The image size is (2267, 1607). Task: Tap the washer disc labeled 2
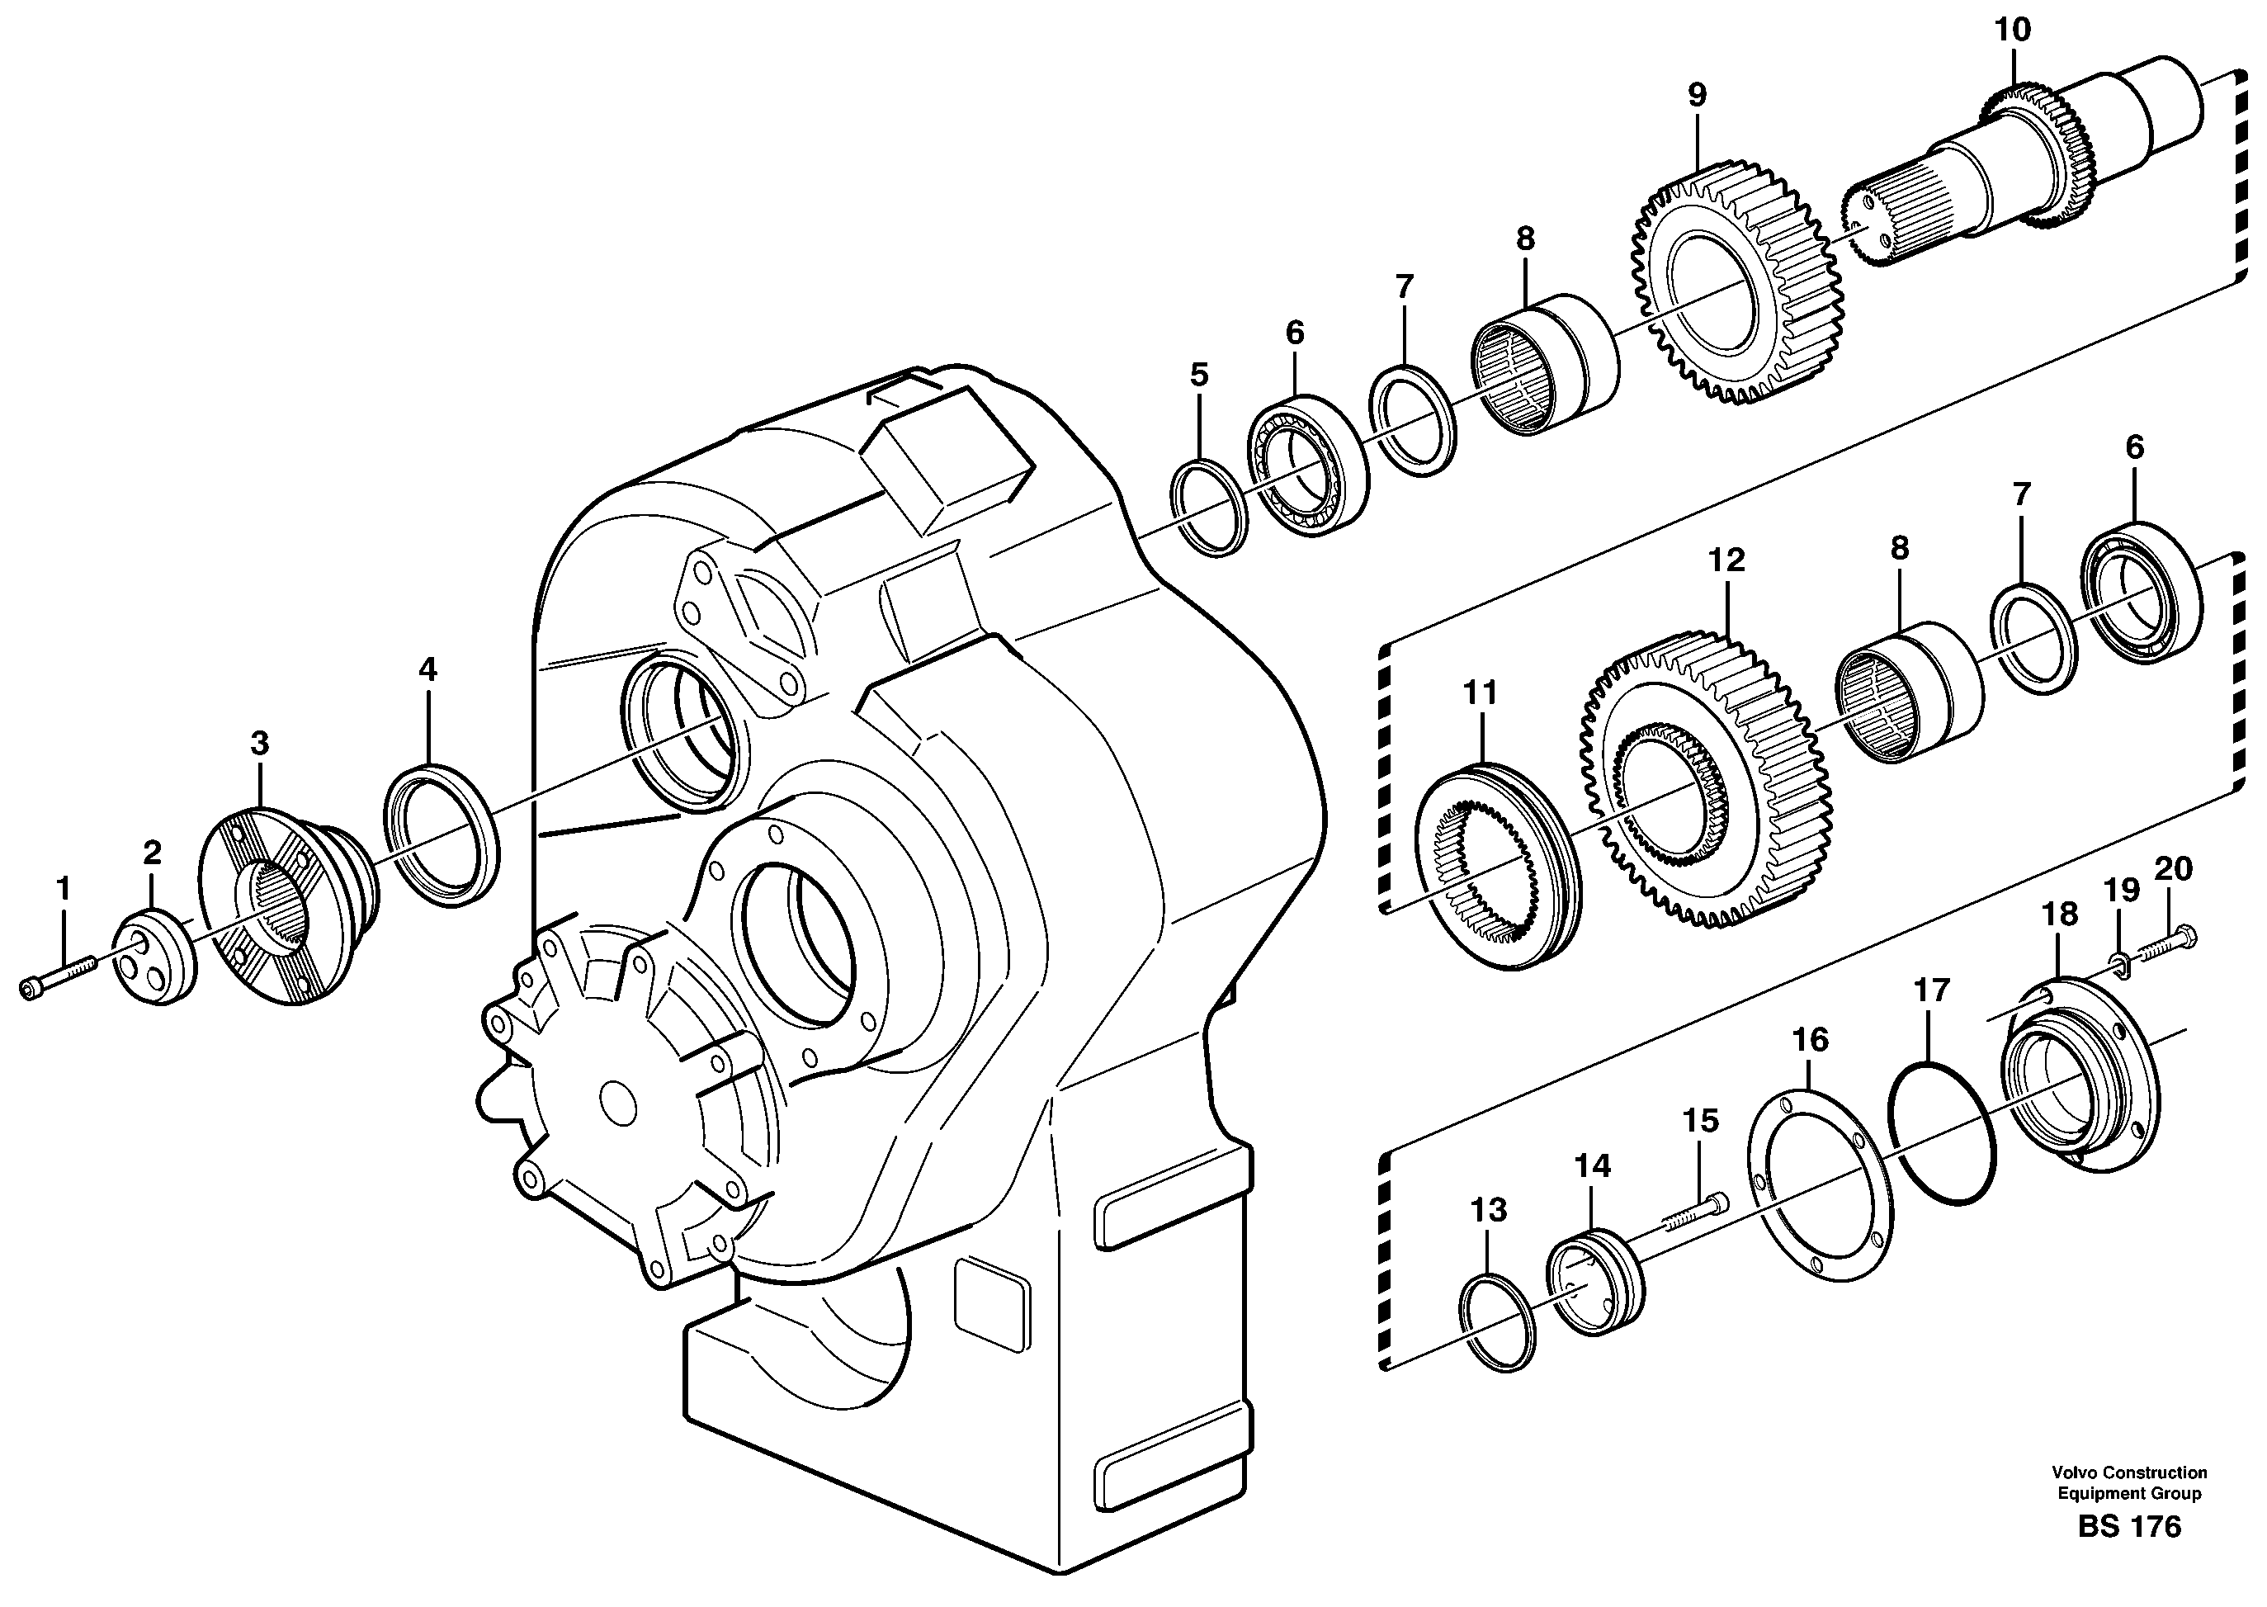click(x=153, y=961)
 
